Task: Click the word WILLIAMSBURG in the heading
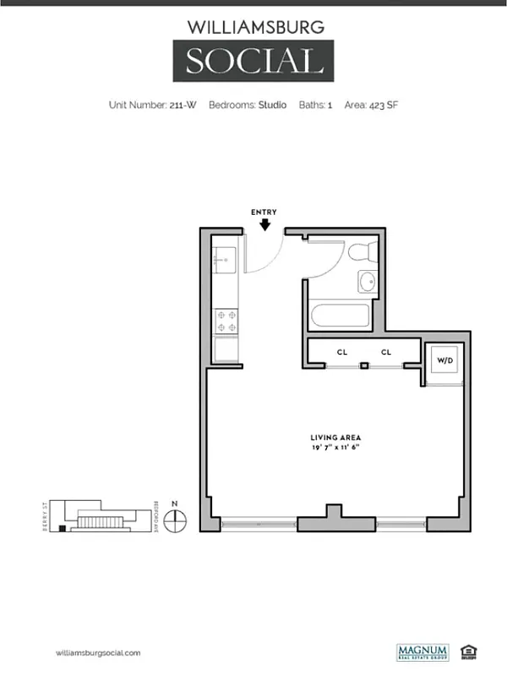coord(255,27)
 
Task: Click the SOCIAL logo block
coord(254,62)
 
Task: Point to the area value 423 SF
coord(384,105)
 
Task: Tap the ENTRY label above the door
coord(264,212)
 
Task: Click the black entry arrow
coord(264,225)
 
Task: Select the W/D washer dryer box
coord(444,361)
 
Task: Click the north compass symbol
coord(175,520)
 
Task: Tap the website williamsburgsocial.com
coord(98,652)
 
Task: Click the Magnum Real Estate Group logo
coord(422,652)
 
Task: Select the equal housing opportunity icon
coord(468,652)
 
